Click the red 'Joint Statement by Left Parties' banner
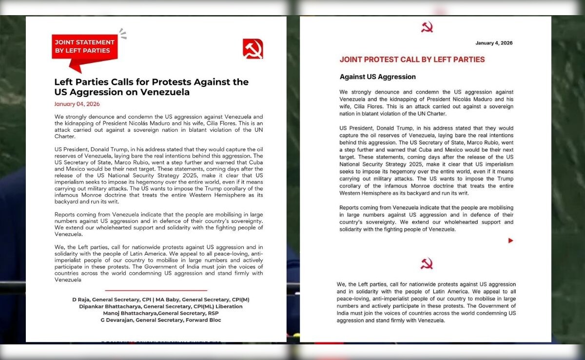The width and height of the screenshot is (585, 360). pyautogui.click(x=84, y=47)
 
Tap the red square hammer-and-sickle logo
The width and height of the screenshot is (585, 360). pyautogui.click(x=253, y=49)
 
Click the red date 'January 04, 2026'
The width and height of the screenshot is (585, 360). pyautogui.click(x=77, y=104)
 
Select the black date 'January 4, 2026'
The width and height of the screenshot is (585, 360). pyautogui.click(x=494, y=43)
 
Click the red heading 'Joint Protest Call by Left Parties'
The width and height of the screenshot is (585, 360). pyautogui.click(x=412, y=60)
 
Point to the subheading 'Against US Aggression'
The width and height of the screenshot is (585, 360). pyautogui.click(x=377, y=77)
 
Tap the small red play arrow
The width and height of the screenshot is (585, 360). pyautogui.click(x=510, y=240)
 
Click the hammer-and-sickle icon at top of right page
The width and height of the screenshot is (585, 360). pyautogui.click(x=427, y=28)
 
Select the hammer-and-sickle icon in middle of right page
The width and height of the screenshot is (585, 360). pyautogui.click(x=427, y=263)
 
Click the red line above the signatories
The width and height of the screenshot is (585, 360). pyautogui.click(x=156, y=290)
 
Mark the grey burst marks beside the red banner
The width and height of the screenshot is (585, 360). pyautogui.click(x=122, y=34)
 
